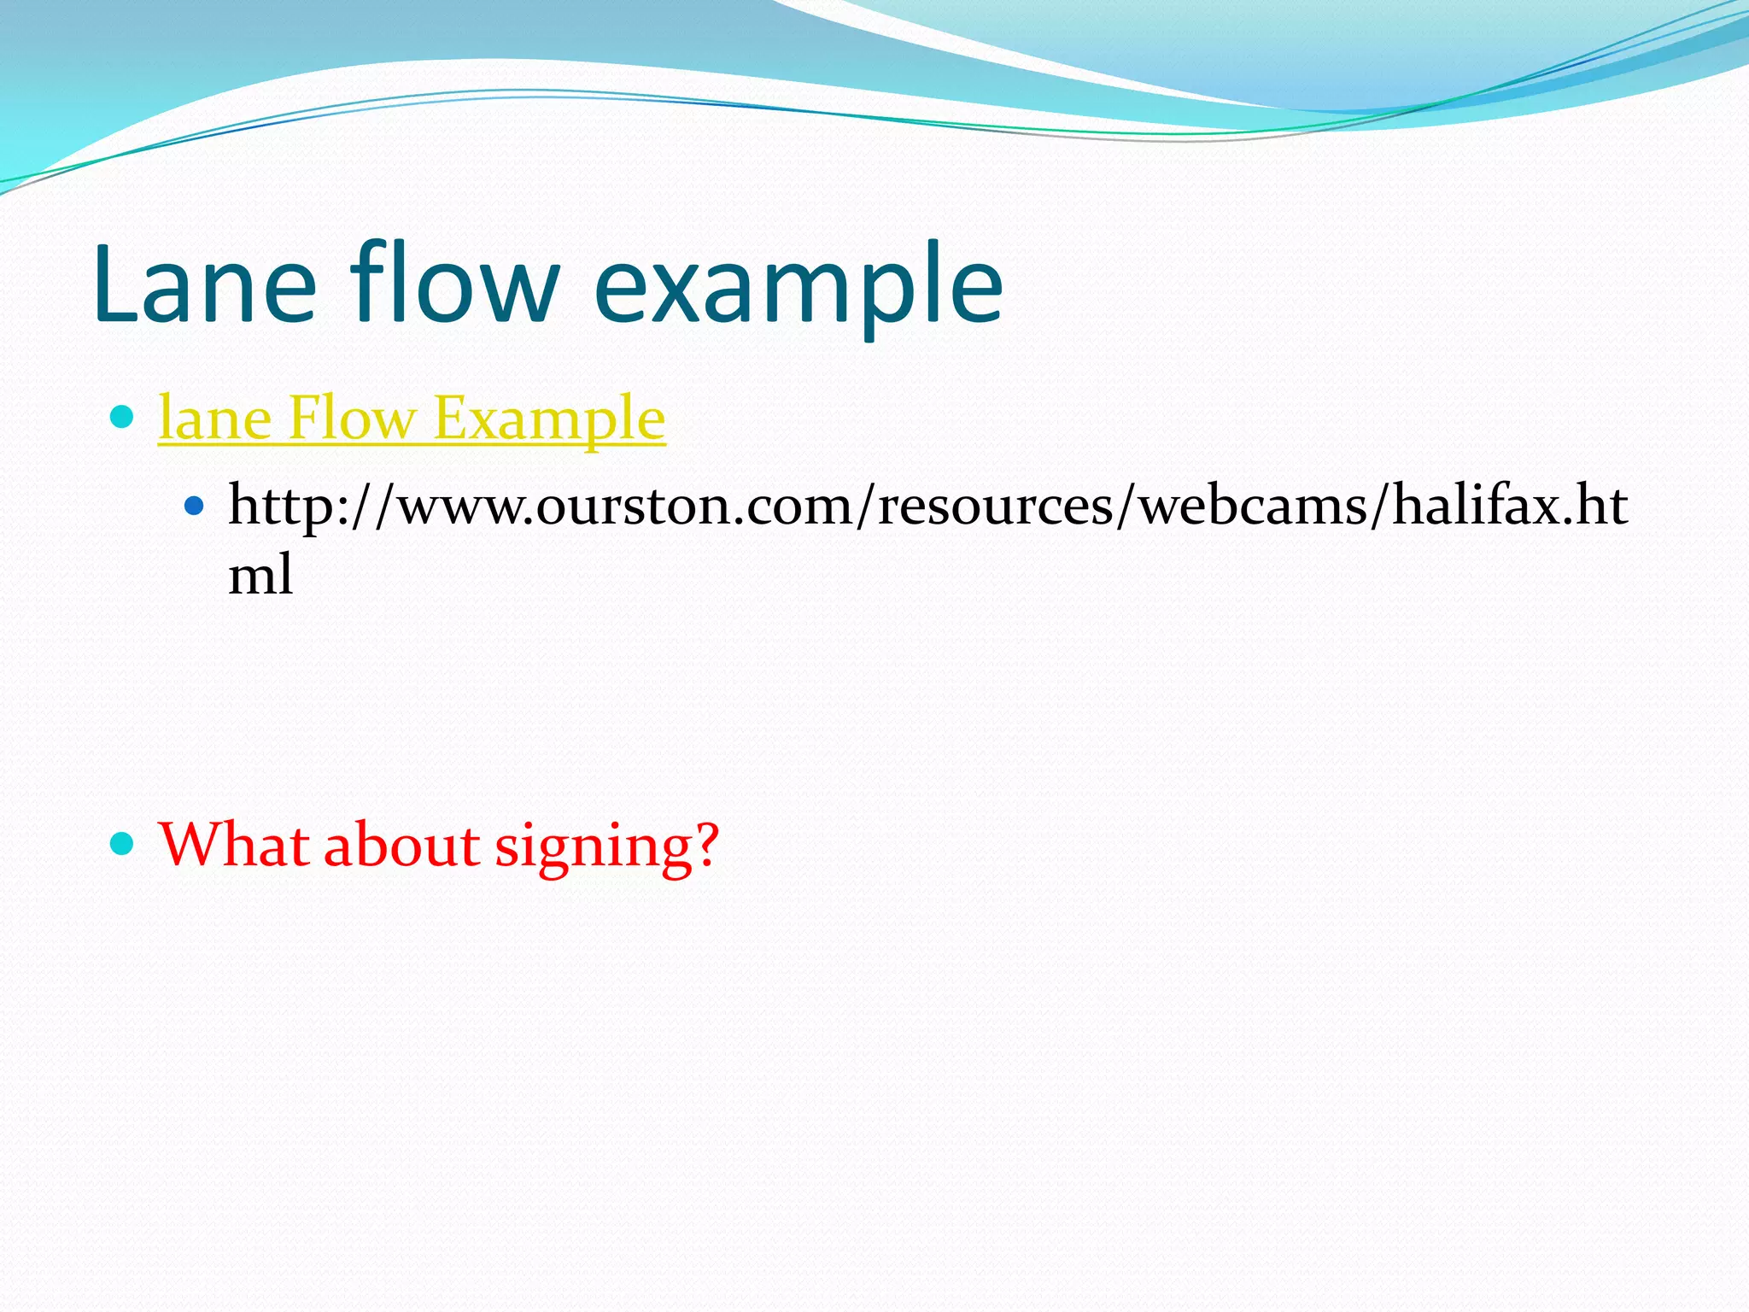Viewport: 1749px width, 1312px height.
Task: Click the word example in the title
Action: point(798,290)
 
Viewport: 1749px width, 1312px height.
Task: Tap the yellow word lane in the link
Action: point(214,419)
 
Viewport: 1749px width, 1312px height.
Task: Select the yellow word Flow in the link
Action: point(351,419)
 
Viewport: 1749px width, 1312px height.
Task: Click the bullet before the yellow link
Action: point(123,418)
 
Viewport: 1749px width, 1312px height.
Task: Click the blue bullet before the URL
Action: point(195,507)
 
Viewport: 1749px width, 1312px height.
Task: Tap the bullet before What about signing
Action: point(123,845)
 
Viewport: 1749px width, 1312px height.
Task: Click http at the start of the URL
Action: point(283,507)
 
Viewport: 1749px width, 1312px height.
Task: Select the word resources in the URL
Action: point(996,507)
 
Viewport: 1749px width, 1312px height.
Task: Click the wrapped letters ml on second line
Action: point(260,574)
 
